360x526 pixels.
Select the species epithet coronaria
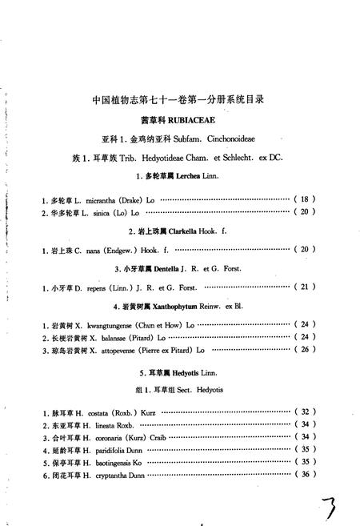pos(110,437)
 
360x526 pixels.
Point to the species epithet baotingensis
pos(111,462)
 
